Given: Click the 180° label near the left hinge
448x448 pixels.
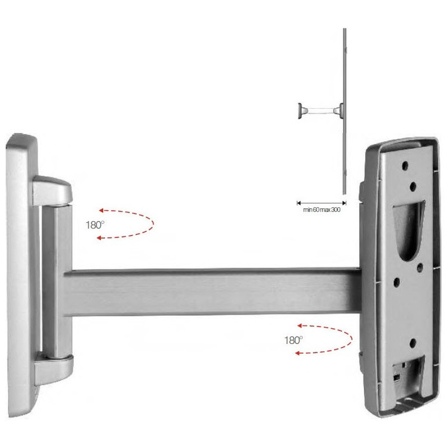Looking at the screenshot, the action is (95, 225).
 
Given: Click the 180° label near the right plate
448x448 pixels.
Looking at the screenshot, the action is (293, 340).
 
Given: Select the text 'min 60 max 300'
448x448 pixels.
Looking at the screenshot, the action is (321, 209).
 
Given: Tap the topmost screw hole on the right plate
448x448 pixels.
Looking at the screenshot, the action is (405, 165).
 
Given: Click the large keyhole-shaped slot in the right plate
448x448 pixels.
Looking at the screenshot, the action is (408, 229).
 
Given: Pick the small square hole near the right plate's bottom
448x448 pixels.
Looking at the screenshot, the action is (396, 378).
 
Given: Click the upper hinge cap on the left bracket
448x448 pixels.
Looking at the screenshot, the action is (52, 190).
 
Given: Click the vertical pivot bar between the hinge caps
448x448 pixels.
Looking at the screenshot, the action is (57, 282).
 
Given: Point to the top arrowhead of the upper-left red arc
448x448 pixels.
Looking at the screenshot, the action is (101, 211).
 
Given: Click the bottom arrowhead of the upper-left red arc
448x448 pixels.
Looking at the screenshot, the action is (99, 237).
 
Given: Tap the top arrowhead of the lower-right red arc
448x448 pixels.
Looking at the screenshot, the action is (300, 325).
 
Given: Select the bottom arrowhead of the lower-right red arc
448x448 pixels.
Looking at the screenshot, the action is (297, 353).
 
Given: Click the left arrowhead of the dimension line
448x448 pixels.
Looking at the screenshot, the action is (299, 203).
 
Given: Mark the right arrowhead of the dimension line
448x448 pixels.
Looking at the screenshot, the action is (344, 203).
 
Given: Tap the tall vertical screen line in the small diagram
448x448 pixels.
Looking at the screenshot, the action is (344, 111).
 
